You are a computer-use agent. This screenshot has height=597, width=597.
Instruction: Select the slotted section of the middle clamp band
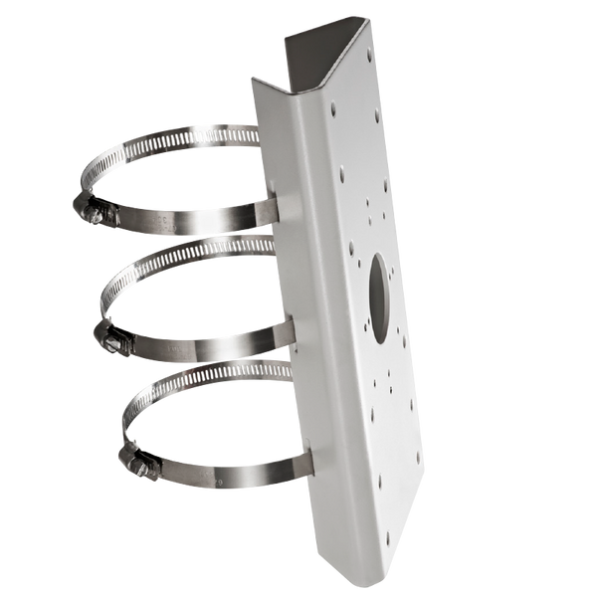point(199,259)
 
